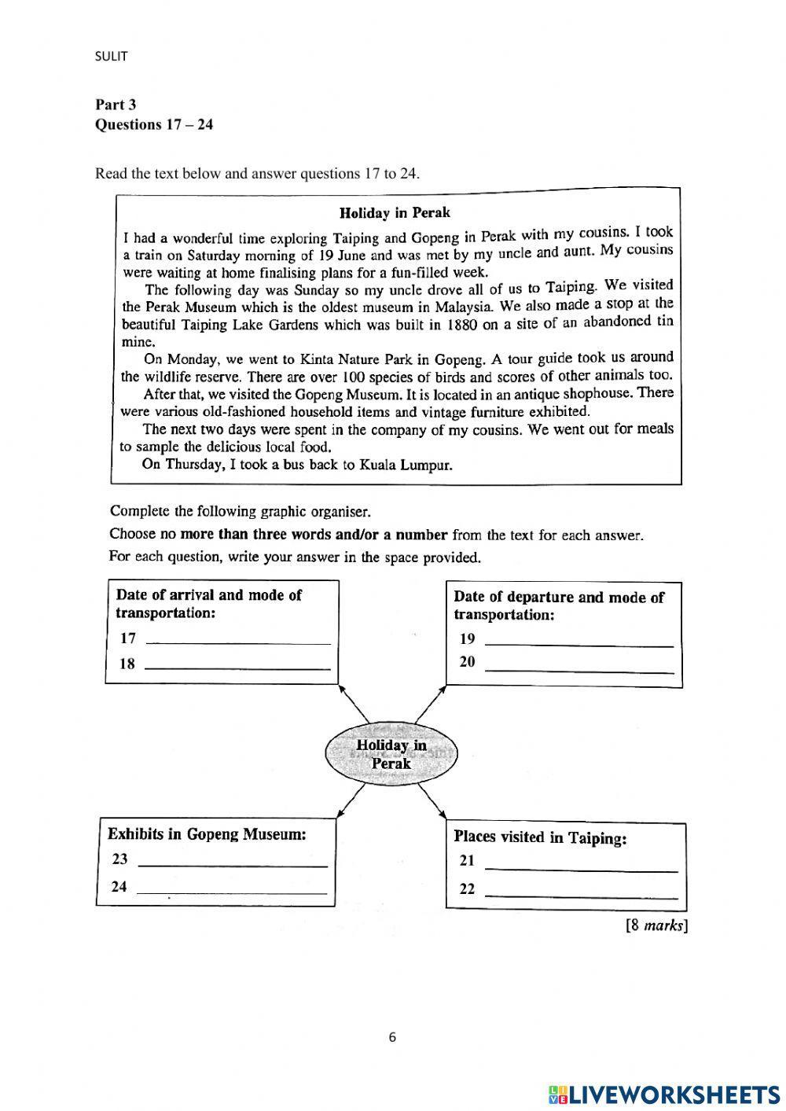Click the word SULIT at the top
tap(111, 56)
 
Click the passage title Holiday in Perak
tap(395, 212)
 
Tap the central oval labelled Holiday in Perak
tap(391, 754)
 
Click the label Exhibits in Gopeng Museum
tap(207, 834)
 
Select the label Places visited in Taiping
tap(540, 837)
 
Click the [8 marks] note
tap(656, 925)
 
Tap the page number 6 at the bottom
tap(392, 1036)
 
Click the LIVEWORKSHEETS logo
tap(664, 1094)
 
